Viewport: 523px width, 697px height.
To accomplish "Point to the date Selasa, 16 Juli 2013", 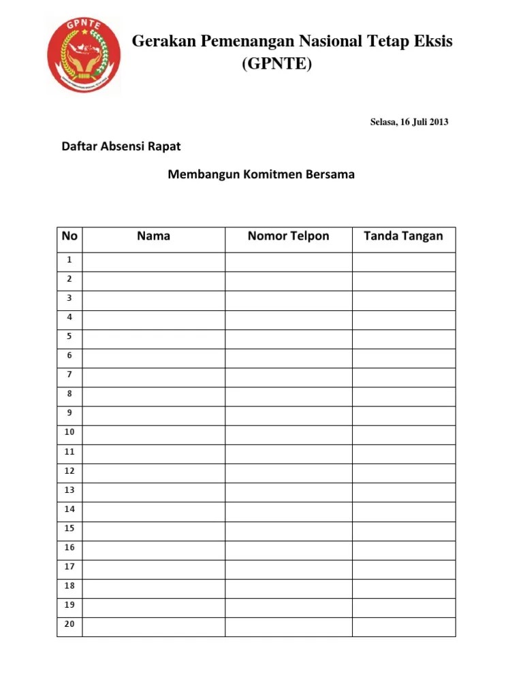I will click(x=409, y=123).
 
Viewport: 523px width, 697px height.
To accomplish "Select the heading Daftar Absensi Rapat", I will click(x=121, y=146).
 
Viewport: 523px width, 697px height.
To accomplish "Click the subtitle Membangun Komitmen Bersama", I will click(x=261, y=174).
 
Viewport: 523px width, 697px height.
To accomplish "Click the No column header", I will click(x=69, y=236).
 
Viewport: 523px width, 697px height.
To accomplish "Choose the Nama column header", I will click(x=153, y=236).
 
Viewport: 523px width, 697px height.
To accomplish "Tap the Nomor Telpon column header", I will click(x=288, y=236).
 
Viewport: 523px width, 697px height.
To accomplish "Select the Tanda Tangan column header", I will click(x=403, y=236).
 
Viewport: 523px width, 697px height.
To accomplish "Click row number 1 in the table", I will click(x=69, y=260).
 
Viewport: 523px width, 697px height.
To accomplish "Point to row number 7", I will click(x=69, y=374).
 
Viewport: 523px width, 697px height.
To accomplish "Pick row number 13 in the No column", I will click(x=69, y=489).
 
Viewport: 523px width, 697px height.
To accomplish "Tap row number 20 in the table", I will click(x=69, y=623).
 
